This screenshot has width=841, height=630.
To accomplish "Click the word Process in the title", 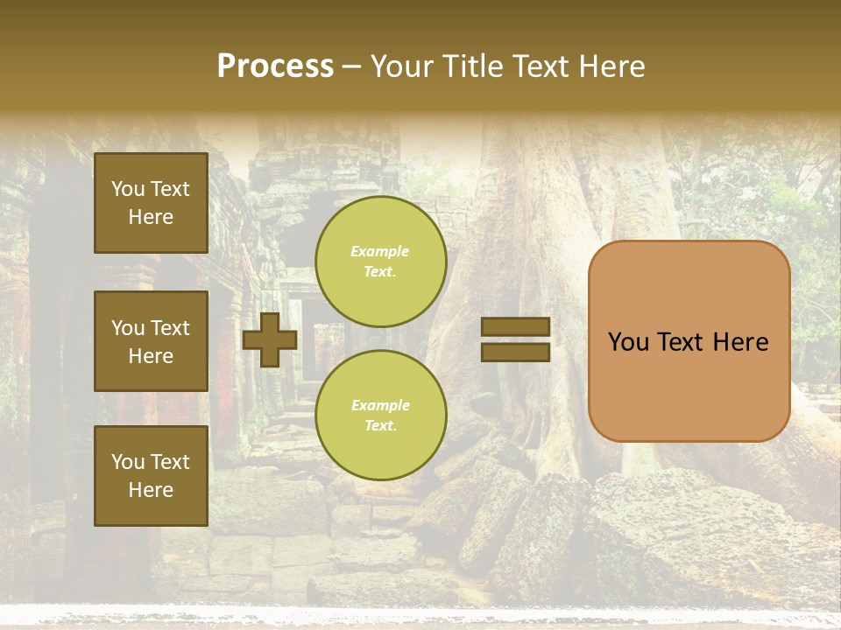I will tap(275, 66).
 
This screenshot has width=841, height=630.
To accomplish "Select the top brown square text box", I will tap(151, 203).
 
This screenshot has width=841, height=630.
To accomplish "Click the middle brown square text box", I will tap(151, 341).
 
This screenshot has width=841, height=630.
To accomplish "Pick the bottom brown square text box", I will tap(151, 476).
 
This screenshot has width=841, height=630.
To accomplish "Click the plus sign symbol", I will tap(270, 339).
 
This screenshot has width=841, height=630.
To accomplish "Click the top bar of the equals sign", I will tap(515, 327).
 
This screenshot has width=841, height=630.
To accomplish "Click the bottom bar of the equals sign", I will tap(515, 353).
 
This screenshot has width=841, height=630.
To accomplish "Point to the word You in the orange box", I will tap(629, 342).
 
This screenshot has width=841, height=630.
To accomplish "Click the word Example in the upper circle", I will tap(380, 251).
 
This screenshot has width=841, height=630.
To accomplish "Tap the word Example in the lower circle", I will tap(380, 405).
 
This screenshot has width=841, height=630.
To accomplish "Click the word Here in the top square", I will tap(151, 217).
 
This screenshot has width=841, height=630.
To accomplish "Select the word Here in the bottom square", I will tap(151, 490).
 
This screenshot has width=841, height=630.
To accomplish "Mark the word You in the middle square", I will tap(128, 328).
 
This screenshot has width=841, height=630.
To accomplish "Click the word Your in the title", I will tap(402, 66).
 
